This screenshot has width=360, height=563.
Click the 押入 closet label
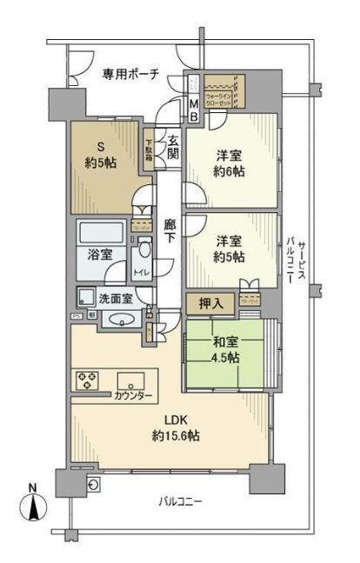203,304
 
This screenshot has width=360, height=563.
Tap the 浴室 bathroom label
99,255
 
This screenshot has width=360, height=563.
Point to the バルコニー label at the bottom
180,501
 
